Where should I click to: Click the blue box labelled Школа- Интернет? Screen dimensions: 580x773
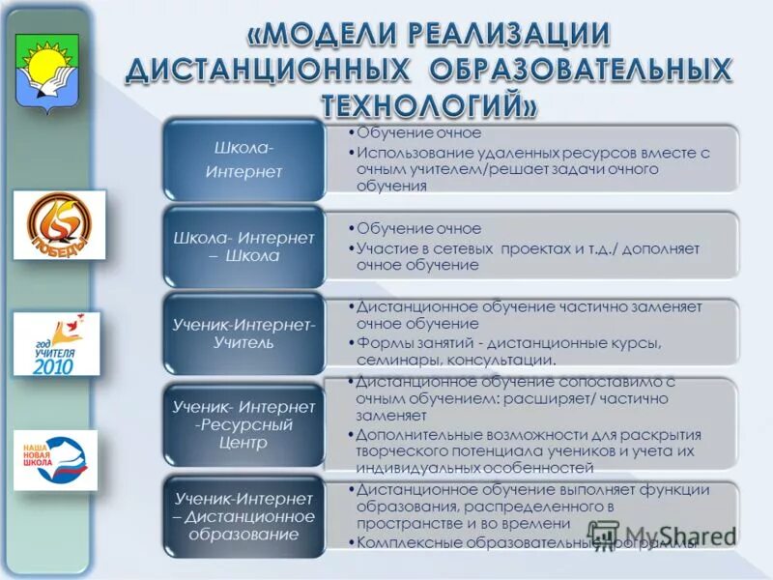(243, 159)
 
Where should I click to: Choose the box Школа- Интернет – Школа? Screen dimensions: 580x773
(243, 246)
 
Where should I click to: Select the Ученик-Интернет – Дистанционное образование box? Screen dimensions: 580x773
(243, 516)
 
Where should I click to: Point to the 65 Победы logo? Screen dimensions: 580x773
(59, 224)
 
